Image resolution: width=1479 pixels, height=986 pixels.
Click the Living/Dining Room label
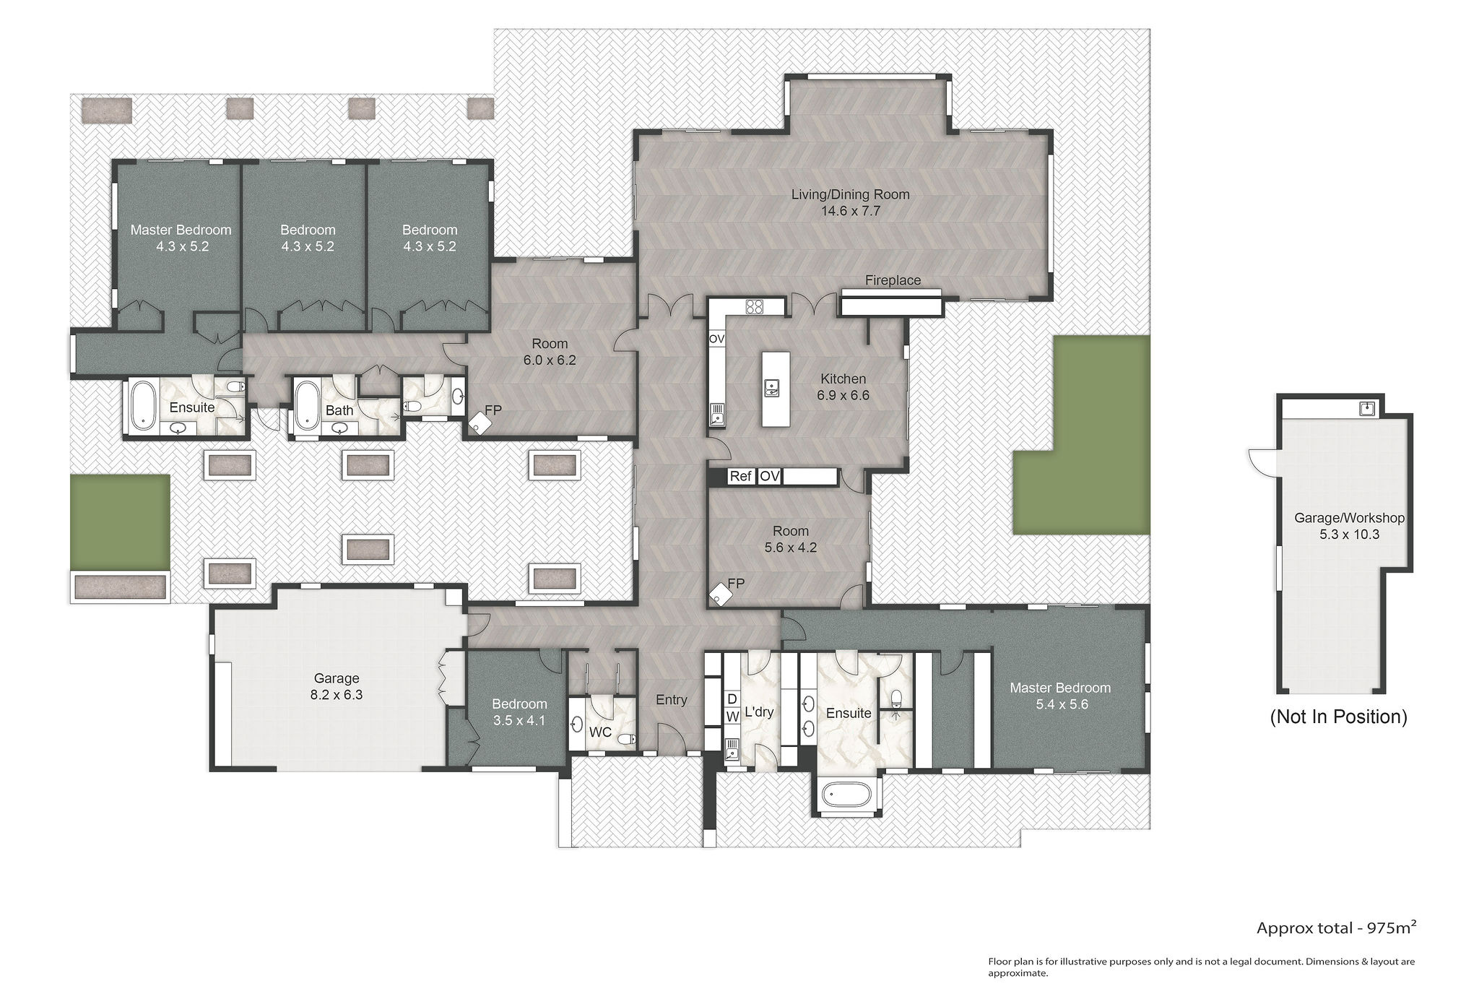pos(850,202)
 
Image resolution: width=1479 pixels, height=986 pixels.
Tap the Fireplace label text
pos(893,280)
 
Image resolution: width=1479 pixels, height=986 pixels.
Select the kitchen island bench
pos(775,389)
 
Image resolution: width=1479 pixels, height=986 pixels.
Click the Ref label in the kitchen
pos(740,476)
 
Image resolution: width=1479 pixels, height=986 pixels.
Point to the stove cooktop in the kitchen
pos(754,306)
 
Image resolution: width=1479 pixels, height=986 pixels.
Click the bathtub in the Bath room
pos(308,407)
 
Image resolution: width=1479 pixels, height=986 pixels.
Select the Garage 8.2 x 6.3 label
pos(337,686)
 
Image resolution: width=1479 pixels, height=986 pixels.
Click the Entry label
pos(671,699)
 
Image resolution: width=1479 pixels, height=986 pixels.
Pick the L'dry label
pos(759,712)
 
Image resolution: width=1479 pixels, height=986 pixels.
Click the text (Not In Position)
pos(1339,717)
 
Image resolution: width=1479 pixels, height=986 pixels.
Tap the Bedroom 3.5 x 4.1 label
pos(519,712)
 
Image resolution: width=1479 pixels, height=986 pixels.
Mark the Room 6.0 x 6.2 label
pos(550,352)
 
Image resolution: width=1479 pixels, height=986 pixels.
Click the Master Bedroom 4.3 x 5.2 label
pos(181,238)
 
